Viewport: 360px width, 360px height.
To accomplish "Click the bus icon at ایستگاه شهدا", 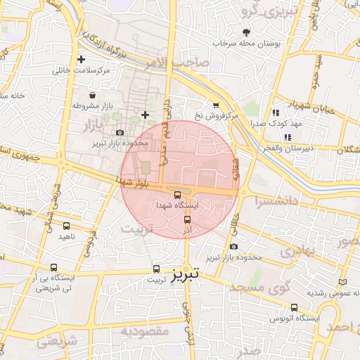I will tap(176, 195).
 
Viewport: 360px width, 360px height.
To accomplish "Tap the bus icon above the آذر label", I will tap(186, 219).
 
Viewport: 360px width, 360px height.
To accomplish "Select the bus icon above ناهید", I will tap(67, 226).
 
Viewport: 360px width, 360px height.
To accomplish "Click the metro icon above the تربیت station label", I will tap(156, 269).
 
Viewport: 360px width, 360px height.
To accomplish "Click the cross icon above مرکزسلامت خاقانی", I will tap(82, 60).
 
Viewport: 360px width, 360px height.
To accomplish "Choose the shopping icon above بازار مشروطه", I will tap(93, 94).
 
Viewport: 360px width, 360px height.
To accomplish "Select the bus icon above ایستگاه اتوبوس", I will tap(294, 307).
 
